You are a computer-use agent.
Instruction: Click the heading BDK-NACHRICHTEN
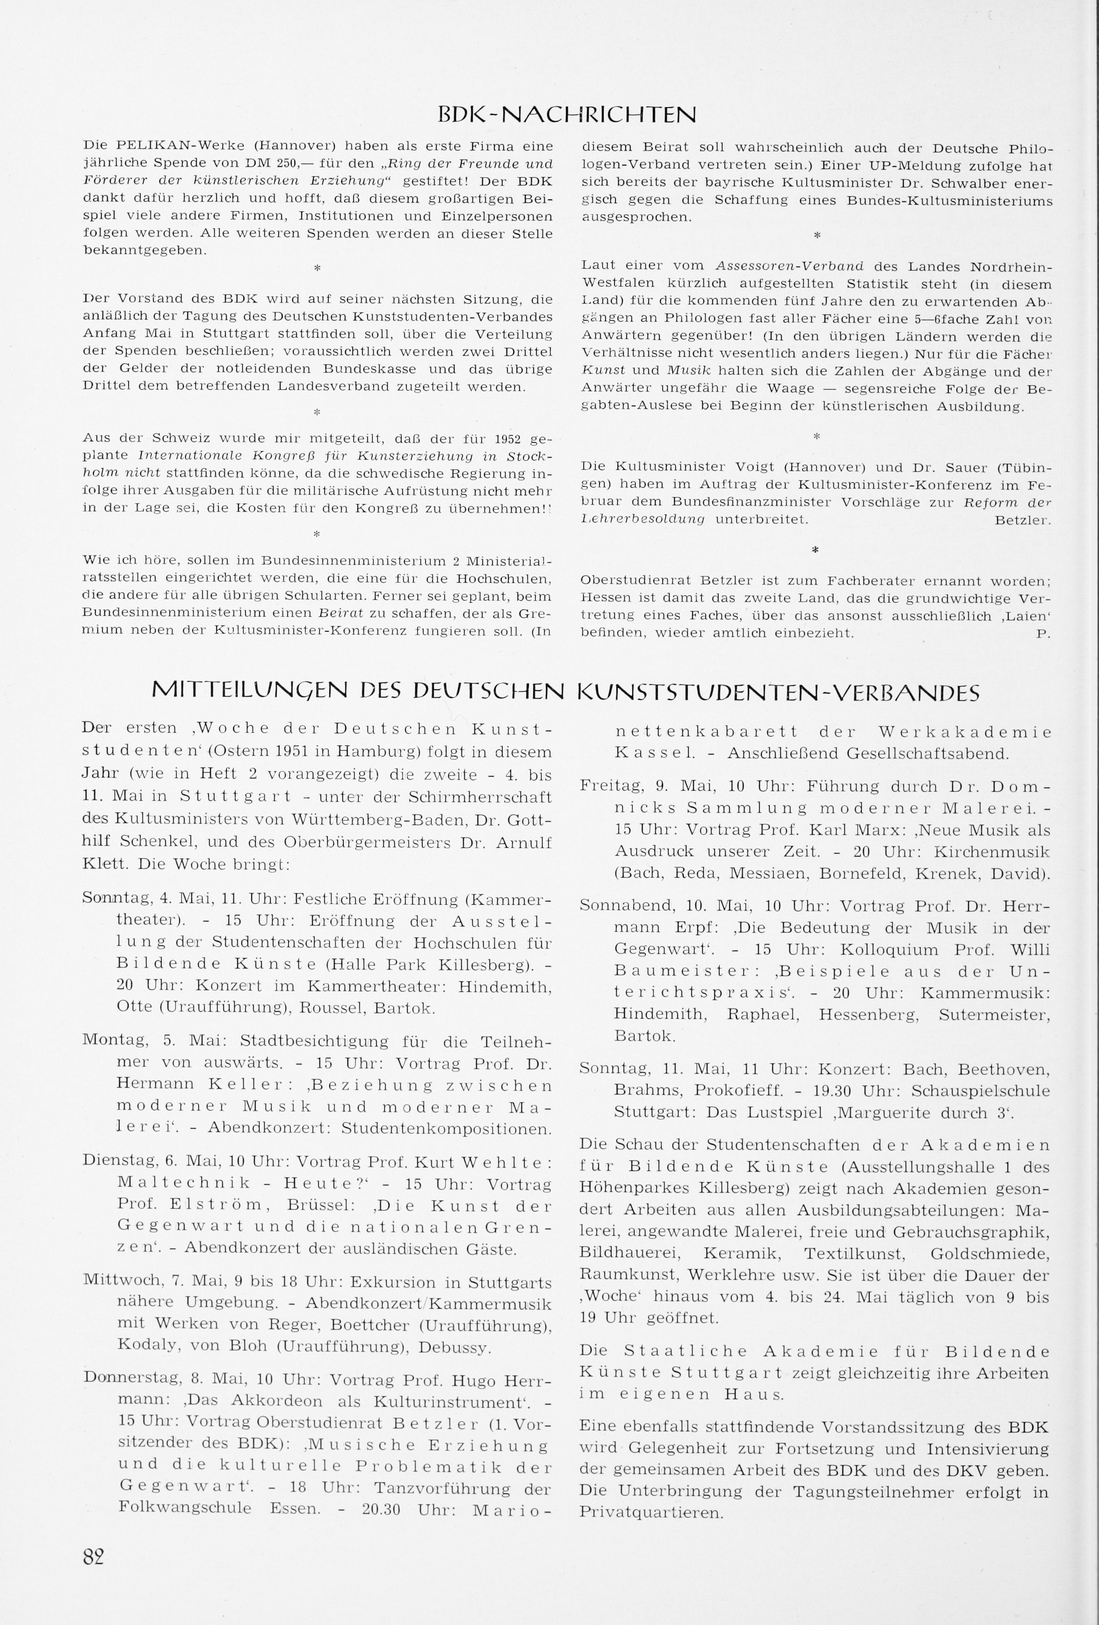[x=566, y=114]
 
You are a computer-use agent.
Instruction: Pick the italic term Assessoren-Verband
[x=789, y=267]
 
